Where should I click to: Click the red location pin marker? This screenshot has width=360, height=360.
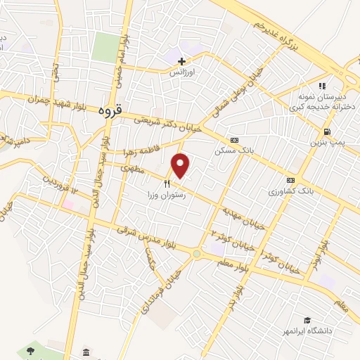(x=181, y=166)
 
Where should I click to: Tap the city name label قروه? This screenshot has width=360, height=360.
(x=111, y=110)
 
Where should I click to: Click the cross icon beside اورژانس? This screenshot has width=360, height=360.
(x=182, y=61)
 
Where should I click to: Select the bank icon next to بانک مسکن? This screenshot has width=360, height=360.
(x=234, y=139)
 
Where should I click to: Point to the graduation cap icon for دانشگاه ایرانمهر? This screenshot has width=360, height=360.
(x=307, y=320)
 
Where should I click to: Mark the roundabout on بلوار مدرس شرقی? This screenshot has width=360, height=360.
(x=197, y=254)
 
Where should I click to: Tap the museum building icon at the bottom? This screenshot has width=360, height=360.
(x=86, y=352)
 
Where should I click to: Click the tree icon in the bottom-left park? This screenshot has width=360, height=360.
(x=30, y=350)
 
